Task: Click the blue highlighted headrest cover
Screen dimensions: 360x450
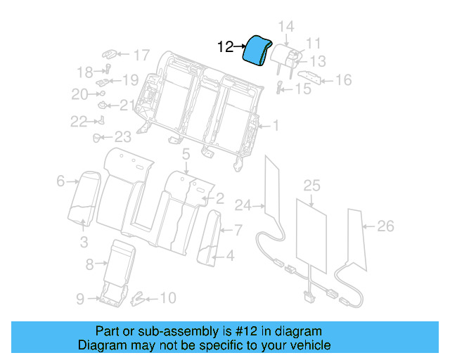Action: [x=255, y=51]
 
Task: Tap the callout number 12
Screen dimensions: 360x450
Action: [x=225, y=47]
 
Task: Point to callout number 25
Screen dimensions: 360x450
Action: [x=311, y=186]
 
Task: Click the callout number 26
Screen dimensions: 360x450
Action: [x=385, y=226]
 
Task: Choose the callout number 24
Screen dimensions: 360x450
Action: [x=243, y=205]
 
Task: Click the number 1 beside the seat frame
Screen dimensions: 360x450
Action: [x=276, y=127]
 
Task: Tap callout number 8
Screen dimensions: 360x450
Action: [x=89, y=264]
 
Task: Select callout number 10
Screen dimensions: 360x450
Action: [x=167, y=299]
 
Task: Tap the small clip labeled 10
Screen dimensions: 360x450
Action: [x=139, y=299]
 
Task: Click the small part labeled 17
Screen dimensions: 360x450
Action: [x=111, y=53]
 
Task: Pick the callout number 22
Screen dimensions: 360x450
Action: [x=78, y=122]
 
